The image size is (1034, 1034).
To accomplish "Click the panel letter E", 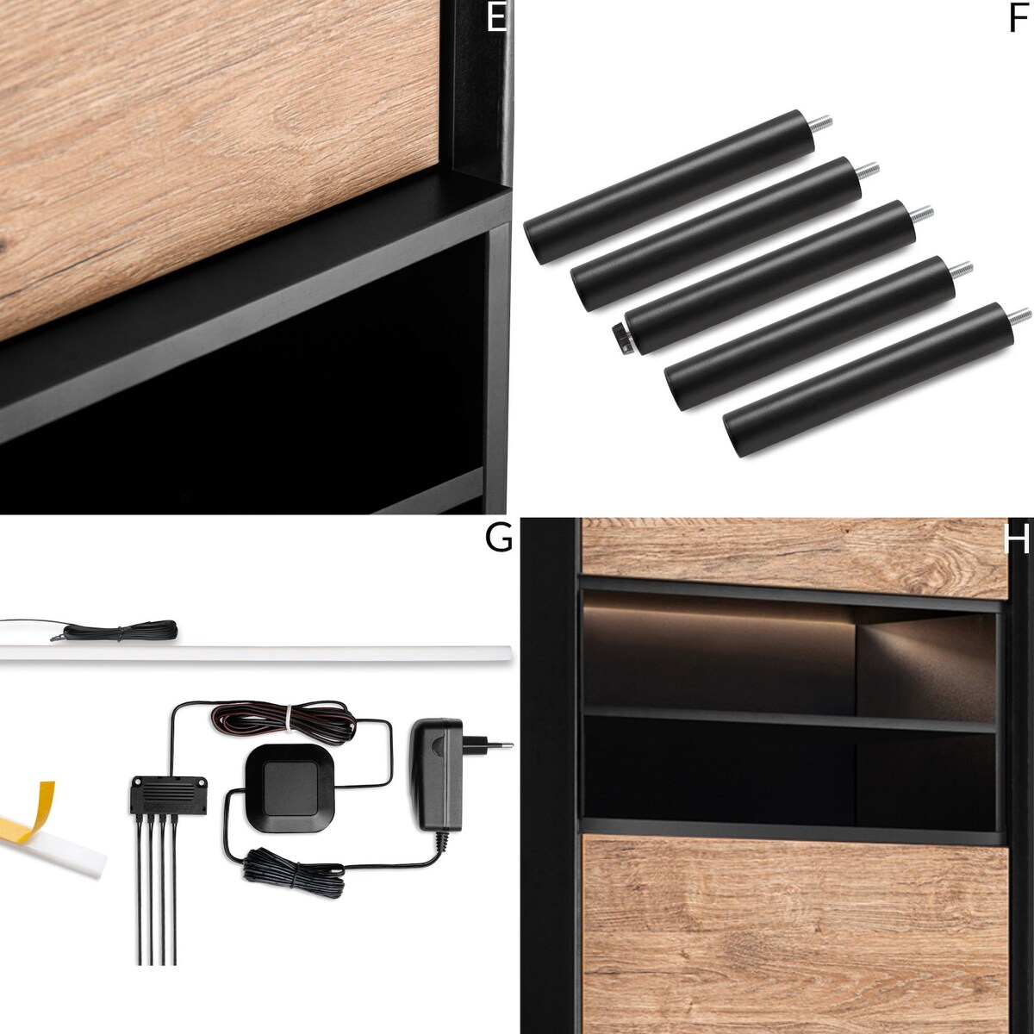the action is tap(496, 17).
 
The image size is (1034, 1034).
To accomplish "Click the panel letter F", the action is tap(1018, 18).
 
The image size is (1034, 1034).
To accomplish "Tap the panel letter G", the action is tap(498, 539).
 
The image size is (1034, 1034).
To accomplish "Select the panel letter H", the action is tap(1016, 539).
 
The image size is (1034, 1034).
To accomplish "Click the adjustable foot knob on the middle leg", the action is tap(622, 339).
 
